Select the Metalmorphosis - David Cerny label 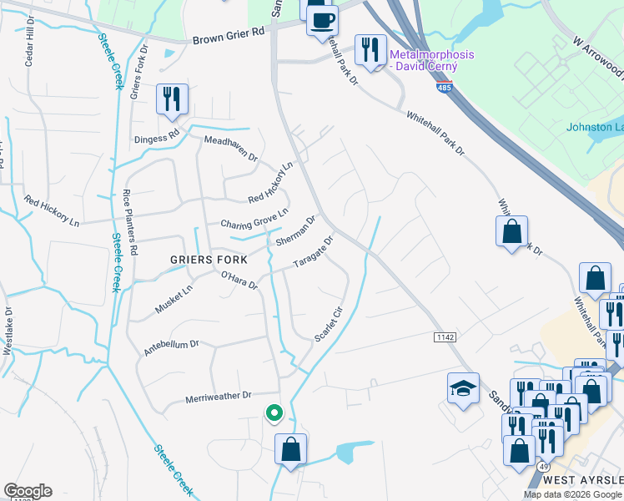coord(432,60)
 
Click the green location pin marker coord(273,412)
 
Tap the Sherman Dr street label coord(296,231)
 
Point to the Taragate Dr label coord(314,252)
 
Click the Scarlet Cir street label coord(328,324)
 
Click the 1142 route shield coord(445,337)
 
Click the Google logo coord(28,491)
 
